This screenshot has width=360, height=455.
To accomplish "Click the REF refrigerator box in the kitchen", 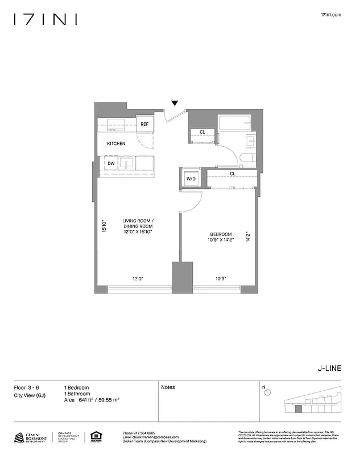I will (144, 124).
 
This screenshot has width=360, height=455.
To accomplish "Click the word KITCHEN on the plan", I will (116, 144).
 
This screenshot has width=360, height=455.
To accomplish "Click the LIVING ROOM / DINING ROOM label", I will (138, 226).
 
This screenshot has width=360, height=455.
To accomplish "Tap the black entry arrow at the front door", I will (175, 103).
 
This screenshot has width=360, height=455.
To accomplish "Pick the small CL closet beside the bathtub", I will (202, 133).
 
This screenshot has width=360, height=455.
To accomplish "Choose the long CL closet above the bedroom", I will (232, 175).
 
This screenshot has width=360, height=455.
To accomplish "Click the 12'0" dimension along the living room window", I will (138, 279).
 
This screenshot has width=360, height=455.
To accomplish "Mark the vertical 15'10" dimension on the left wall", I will (104, 226).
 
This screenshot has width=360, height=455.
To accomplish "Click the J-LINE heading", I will (329, 368).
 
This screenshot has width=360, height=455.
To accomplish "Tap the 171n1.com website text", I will (331, 15).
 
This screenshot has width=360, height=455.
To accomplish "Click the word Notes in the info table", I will (168, 387).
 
